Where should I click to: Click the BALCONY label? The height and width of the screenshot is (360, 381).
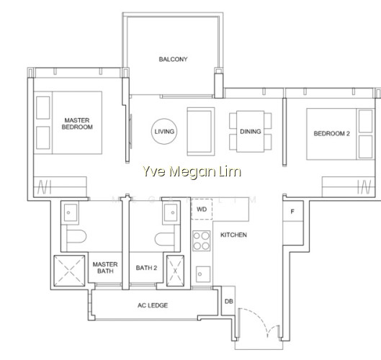click(173, 59)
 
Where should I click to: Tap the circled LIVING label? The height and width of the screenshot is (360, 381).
click(164, 132)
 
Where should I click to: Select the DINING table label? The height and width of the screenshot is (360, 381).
click(250, 132)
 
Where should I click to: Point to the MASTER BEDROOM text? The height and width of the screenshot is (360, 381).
click(77, 123)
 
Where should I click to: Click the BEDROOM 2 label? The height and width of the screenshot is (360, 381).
click(332, 133)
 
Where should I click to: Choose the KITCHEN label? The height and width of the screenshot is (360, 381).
click(233, 235)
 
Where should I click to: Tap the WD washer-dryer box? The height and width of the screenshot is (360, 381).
click(202, 209)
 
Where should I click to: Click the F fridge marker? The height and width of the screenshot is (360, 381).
click(292, 212)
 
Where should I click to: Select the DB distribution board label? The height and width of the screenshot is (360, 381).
click(228, 301)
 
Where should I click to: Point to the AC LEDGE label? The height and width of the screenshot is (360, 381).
click(153, 305)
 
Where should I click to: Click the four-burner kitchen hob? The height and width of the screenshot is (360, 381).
click(202, 240)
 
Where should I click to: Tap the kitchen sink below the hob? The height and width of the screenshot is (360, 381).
click(203, 274)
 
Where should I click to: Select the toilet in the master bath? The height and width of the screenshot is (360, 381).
click(76, 236)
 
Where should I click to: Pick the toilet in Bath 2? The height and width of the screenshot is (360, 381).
click(164, 239)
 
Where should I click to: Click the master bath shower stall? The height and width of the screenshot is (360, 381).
click(69, 271)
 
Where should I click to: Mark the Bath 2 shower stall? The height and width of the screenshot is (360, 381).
click(175, 271)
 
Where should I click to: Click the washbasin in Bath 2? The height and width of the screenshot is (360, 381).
click(171, 212)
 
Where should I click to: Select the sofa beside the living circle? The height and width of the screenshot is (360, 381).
click(201, 132)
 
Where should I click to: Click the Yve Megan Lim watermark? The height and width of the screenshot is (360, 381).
click(192, 172)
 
